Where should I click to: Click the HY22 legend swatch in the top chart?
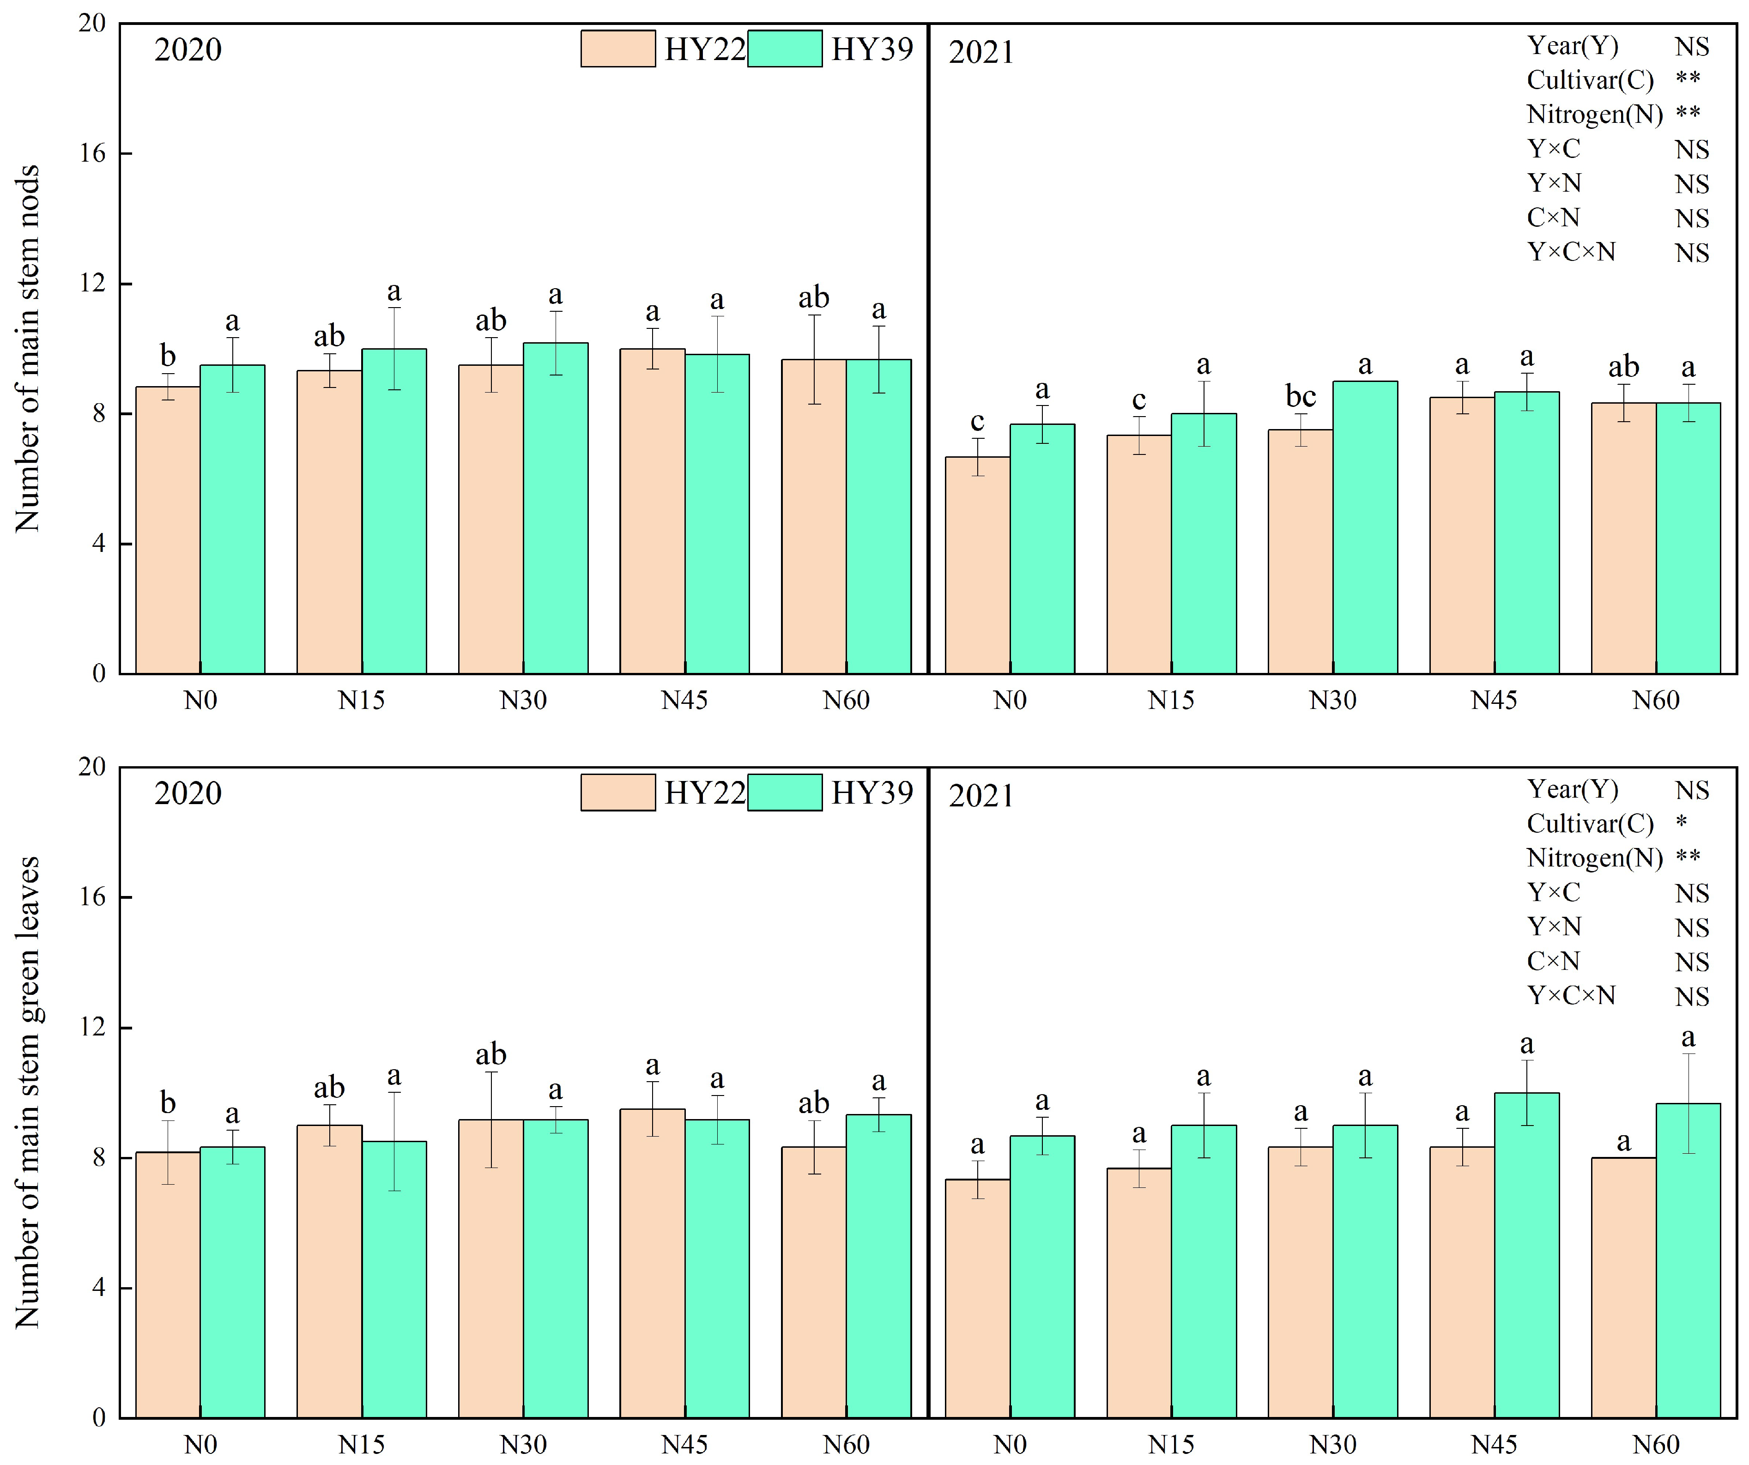[x=618, y=49]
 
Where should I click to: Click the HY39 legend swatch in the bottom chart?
[x=785, y=792]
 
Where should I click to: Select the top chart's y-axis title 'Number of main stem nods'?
[x=28, y=348]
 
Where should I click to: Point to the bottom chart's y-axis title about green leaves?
[x=28, y=1091]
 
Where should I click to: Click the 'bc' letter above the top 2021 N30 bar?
[x=1300, y=396]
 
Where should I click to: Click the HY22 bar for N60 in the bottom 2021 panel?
[x=1623, y=1287]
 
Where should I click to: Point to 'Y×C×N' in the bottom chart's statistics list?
[x=1571, y=995]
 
